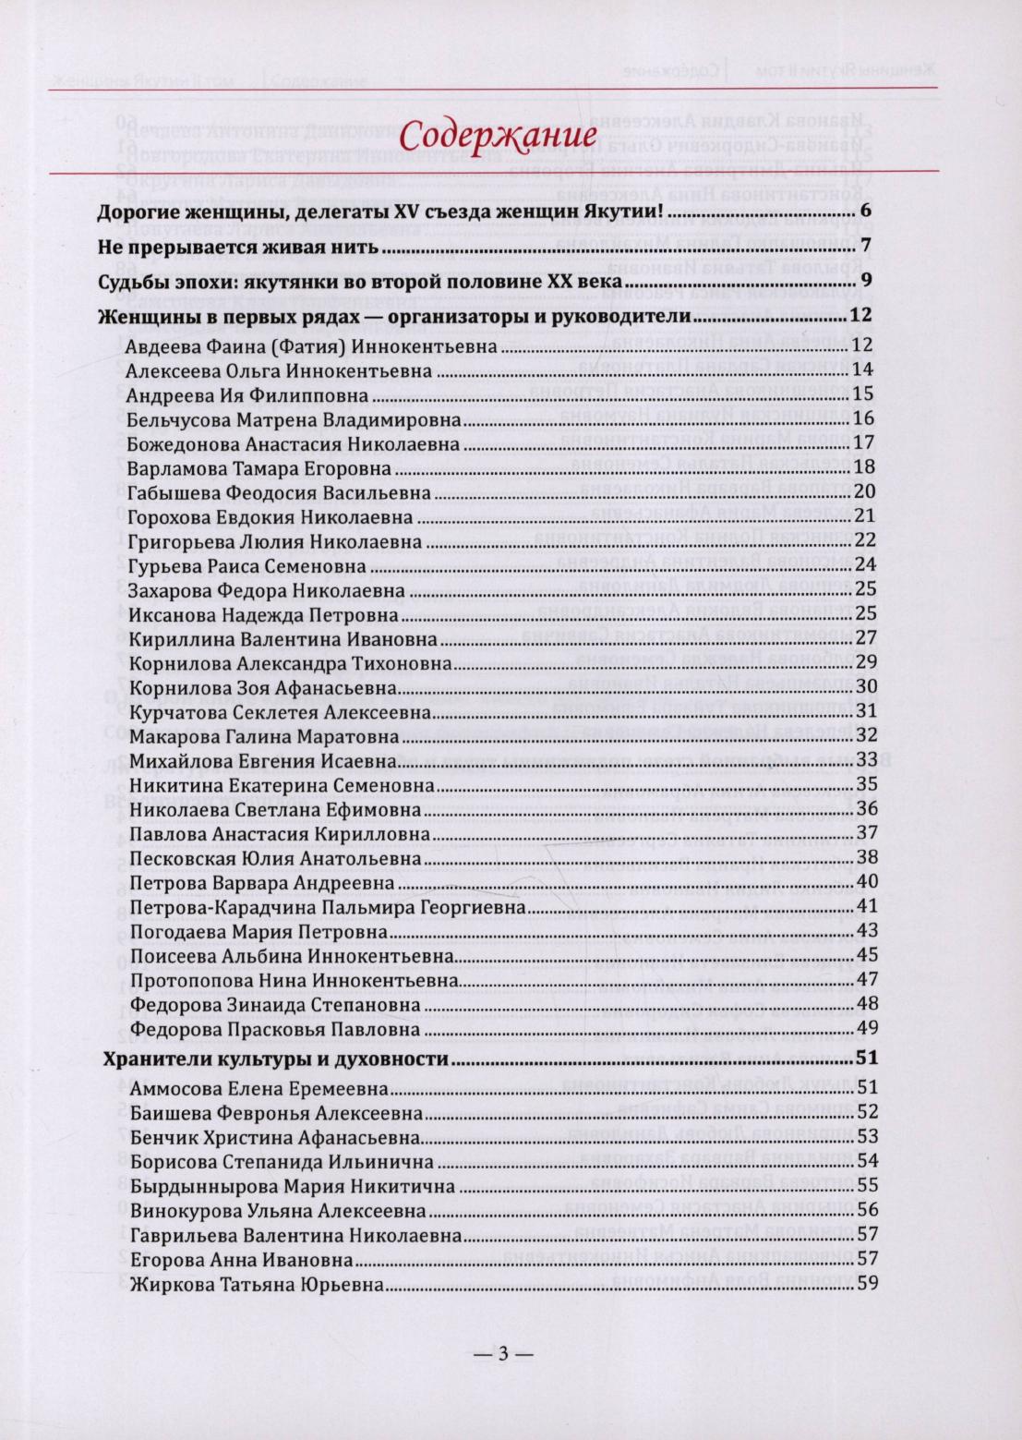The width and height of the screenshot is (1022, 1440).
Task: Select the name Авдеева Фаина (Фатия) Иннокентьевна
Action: pos(312,346)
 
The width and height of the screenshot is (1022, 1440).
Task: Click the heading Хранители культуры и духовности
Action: pos(275,1059)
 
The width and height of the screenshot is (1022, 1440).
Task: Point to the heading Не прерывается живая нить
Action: pos(237,248)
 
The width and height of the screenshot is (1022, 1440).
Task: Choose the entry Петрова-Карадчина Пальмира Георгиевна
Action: pos(328,907)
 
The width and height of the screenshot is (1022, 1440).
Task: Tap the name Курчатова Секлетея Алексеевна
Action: pos(281,712)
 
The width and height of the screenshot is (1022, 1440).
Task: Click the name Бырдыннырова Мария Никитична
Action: pos(293,1186)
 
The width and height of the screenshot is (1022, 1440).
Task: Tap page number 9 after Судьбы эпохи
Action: pos(866,281)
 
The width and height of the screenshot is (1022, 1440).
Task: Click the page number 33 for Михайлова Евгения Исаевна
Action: pos(866,760)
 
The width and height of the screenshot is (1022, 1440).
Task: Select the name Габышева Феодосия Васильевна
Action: pos(280,493)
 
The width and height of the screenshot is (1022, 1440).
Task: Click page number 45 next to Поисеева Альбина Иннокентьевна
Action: pos(866,955)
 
